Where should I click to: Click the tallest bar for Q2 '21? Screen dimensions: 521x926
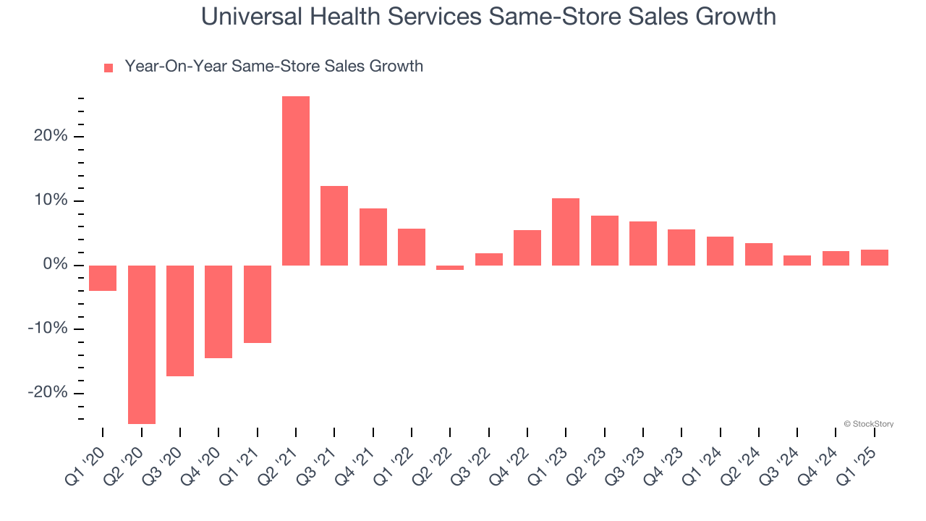[296, 181]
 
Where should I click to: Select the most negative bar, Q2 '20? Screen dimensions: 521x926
[142, 344]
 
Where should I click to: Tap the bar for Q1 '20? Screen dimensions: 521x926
[103, 278]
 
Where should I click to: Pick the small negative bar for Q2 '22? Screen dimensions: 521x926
[450, 267]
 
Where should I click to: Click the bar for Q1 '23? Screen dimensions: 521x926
[566, 232]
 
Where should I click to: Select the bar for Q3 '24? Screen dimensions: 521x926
[797, 260]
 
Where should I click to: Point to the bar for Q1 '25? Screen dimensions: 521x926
[875, 258]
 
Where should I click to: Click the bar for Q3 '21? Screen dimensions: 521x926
[334, 226]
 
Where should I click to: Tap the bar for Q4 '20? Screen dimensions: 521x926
[218, 312]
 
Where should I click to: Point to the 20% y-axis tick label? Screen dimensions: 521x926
[50, 137]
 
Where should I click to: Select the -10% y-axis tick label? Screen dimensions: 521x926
[47, 329]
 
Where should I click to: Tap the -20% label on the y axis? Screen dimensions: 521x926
[47, 393]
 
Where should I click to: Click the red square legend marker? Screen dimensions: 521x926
[109, 67]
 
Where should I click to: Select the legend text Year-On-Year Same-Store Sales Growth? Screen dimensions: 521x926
[273, 67]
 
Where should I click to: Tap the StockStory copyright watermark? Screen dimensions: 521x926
[868, 424]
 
